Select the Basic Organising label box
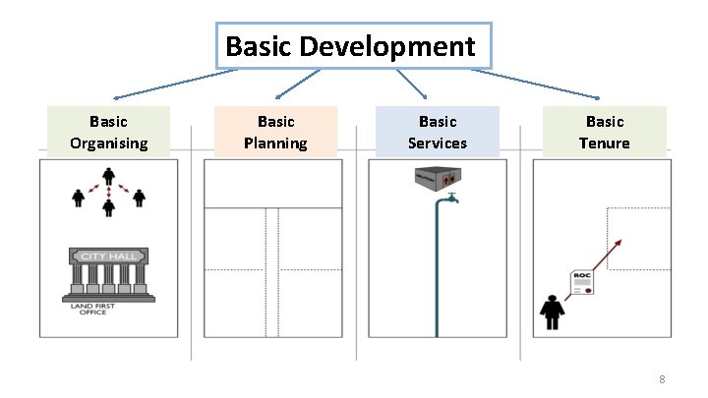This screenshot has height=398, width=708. [x=108, y=132]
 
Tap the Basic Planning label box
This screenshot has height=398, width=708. [x=275, y=132]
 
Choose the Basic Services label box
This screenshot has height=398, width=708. [x=438, y=132]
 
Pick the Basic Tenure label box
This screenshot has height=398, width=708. [x=605, y=132]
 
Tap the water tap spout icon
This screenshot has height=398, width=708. [x=447, y=199]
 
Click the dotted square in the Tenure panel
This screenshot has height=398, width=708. [x=637, y=239]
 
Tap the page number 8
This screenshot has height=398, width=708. [x=663, y=380]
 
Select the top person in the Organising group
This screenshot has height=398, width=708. [x=109, y=178]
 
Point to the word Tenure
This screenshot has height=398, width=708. [x=605, y=143]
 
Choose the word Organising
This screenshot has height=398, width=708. [x=108, y=143]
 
